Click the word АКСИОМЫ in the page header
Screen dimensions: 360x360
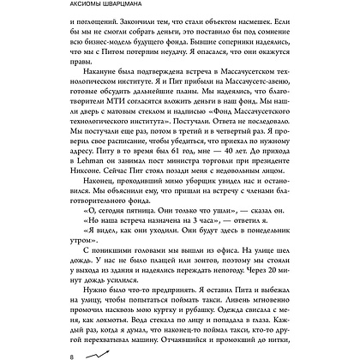point(97,8)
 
